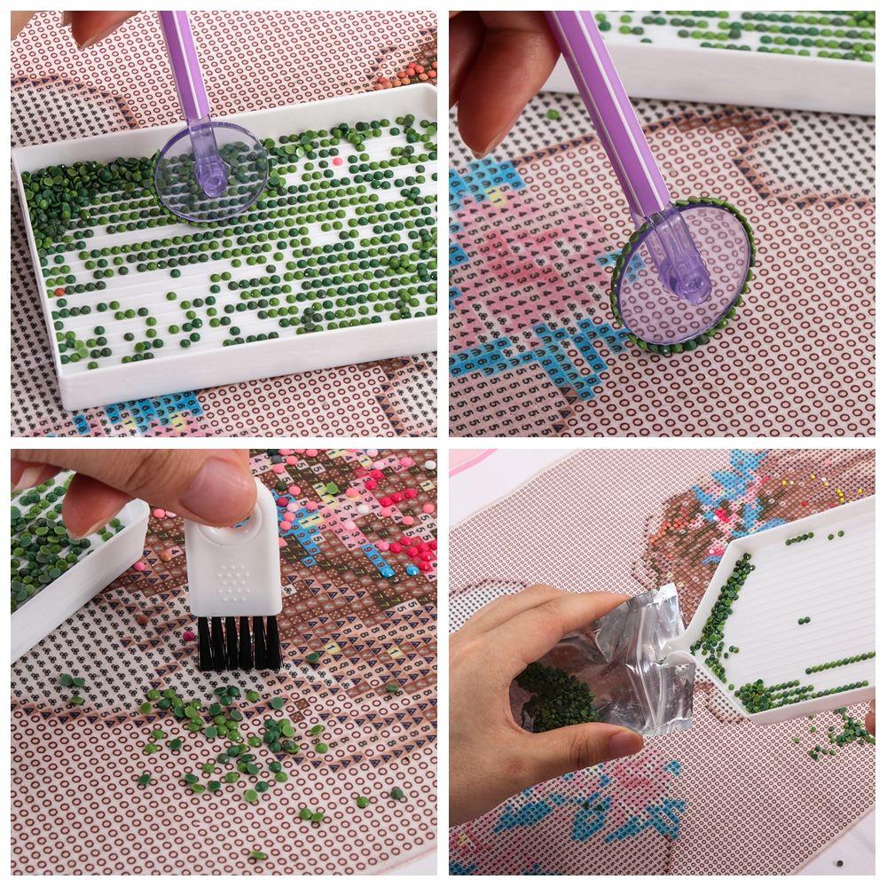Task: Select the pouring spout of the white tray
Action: coord(710,621)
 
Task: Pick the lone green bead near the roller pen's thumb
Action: coord(552,114)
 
